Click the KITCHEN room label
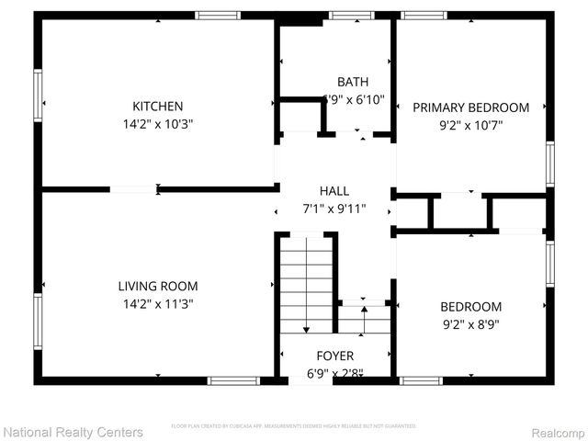click(157, 107)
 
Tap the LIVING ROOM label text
click(157, 286)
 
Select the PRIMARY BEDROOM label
click(470, 107)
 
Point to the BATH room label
click(353, 82)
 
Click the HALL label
click(334, 191)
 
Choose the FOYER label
click(334, 356)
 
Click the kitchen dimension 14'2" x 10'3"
click(157, 123)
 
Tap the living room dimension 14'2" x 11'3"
click(157, 303)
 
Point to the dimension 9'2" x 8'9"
click(470, 323)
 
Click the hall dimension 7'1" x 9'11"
click(334, 209)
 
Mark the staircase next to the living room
click(307, 285)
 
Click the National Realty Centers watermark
click(73, 431)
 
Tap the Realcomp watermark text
click(554, 431)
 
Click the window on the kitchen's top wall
click(219, 16)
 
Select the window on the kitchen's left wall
click(39, 95)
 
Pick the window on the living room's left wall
click(39, 322)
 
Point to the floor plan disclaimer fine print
click(294, 426)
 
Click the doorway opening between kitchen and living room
click(133, 189)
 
